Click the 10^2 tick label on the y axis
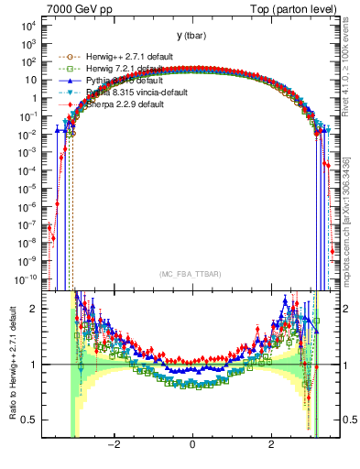tap(25, 62)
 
